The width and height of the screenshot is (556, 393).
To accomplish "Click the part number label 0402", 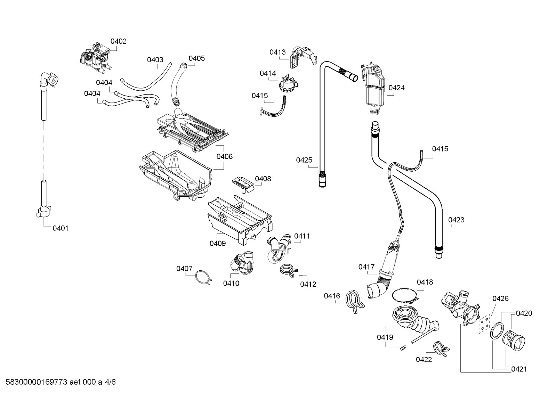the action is [x=119, y=41].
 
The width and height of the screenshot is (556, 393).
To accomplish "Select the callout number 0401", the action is [x=61, y=228].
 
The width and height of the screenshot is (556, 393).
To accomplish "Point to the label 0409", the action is [x=218, y=243].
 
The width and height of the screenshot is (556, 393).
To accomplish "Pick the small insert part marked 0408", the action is [x=243, y=185].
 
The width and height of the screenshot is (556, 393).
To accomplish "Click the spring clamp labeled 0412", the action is [x=289, y=271].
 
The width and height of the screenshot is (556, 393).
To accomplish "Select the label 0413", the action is [x=277, y=52].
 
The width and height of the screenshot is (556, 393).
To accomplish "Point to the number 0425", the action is [x=304, y=160].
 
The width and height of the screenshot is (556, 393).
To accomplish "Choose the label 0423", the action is [x=456, y=220].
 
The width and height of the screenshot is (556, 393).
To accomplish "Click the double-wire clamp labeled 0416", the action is [x=354, y=302].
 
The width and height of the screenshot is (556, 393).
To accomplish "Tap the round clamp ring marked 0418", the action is [x=405, y=296].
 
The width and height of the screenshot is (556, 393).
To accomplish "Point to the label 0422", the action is [x=424, y=360].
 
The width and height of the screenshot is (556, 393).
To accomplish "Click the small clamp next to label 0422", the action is [x=441, y=349].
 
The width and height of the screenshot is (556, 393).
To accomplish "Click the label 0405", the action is [x=197, y=58].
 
